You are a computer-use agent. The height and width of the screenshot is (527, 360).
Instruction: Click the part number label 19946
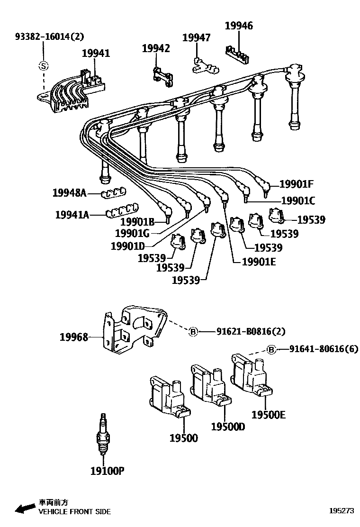click(x=238, y=26)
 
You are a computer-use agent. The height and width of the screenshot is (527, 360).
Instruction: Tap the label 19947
click(x=196, y=38)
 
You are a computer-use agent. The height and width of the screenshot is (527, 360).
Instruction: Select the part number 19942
click(x=155, y=48)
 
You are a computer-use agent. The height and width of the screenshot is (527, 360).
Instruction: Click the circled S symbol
click(x=43, y=66)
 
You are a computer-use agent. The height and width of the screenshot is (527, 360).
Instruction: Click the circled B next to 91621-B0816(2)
click(x=193, y=332)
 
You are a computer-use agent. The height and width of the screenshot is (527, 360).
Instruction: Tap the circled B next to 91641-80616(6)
click(x=271, y=350)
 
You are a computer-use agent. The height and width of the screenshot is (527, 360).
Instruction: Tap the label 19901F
click(x=297, y=185)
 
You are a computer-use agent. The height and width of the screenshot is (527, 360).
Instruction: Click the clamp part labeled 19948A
click(x=114, y=192)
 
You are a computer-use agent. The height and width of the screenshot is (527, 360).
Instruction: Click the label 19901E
click(x=259, y=261)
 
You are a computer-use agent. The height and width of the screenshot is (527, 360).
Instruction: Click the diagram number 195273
click(x=342, y=511)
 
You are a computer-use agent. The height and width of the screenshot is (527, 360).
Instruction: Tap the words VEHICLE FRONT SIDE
click(x=74, y=512)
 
